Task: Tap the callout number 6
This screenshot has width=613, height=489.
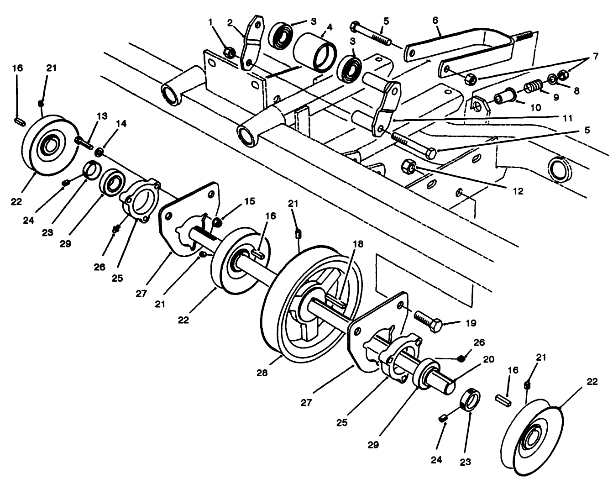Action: [435, 21]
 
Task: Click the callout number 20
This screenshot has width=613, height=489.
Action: [488, 359]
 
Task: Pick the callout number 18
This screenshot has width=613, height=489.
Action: [358, 244]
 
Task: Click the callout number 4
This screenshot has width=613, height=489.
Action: [329, 27]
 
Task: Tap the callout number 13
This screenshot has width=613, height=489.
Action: [102, 116]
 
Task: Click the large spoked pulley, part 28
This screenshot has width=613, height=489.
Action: [310, 301]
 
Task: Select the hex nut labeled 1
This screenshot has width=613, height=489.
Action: [230, 53]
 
